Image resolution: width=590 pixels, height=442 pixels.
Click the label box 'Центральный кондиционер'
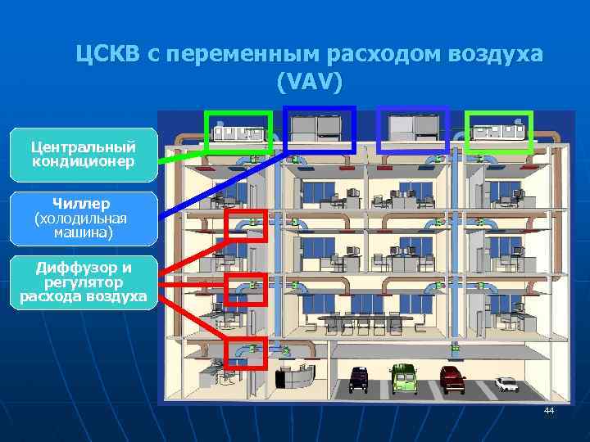pyautogui.click(x=83, y=154)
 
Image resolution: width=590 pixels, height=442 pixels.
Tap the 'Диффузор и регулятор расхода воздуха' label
pyautogui.click(x=83, y=282)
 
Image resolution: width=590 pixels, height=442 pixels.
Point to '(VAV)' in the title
pyautogui.click(x=309, y=82)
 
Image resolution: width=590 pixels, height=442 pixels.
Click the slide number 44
pyautogui.click(x=549, y=410)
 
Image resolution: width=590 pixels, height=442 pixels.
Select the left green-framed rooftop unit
pyautogui.click(x=238, y=131)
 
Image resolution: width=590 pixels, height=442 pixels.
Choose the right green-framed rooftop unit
pyautogui.click(x=498, y=131)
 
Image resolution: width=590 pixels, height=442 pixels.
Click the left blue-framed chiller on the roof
pyautogui.click(x=319, y=129)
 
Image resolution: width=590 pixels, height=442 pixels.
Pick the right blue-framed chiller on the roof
pyautogui.click(x=413, y=129)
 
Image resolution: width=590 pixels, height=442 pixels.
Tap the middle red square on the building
pyautogui.click(x=245, y=289)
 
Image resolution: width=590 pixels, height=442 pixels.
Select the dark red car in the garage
pyautogui.click(x=452, y=377)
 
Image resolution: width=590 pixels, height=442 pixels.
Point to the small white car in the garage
pyautogui.click(x=506, y=383)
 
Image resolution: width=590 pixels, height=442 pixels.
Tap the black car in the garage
pyautogui.click(x=358, y=377)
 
